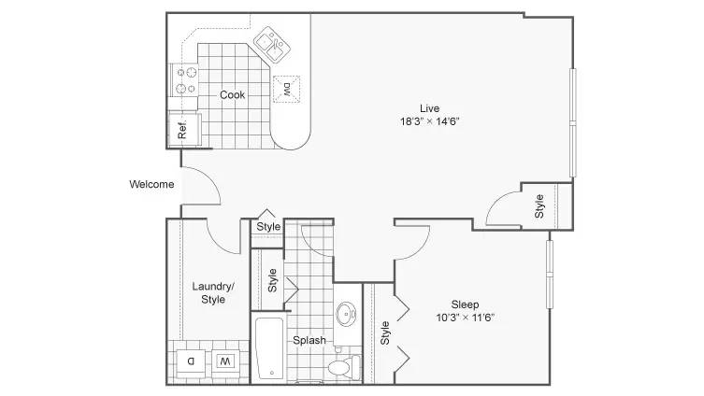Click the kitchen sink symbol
272,45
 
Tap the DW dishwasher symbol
286,89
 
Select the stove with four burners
184,80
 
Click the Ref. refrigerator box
184,130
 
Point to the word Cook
232,94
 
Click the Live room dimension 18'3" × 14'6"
430,121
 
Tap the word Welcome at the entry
151,184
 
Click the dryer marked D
191,361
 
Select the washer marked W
225,361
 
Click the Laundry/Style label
213,292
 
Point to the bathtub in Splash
269,348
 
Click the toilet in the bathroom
344,367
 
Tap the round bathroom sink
346,314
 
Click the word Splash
309,340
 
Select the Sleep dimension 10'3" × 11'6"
466,318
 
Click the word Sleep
465,304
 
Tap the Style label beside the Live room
539,206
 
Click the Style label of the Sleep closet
385,332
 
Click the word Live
430,108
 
